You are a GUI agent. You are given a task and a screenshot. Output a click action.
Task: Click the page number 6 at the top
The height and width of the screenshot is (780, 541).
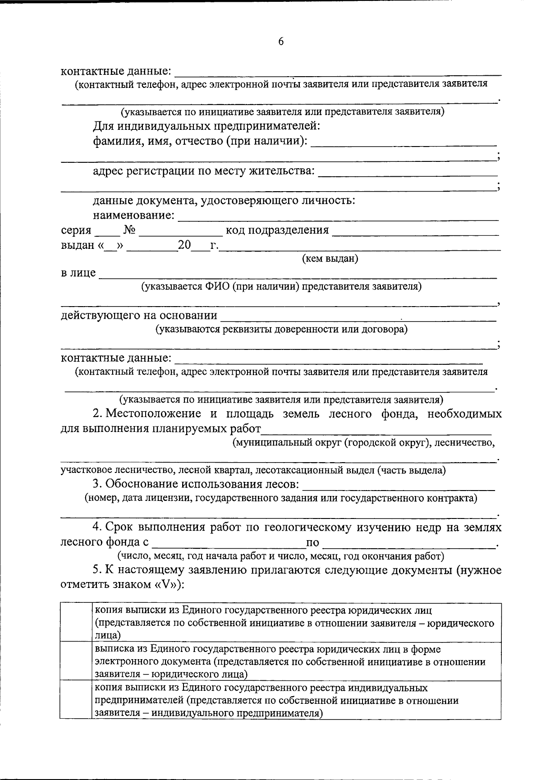(281, 41)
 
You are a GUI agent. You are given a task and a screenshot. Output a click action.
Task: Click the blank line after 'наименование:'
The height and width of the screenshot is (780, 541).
(338, 217)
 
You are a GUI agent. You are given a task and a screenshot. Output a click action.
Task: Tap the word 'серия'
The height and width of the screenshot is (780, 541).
(76, 230)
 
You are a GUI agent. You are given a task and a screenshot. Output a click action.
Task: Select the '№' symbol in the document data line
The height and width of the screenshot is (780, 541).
(130, 230)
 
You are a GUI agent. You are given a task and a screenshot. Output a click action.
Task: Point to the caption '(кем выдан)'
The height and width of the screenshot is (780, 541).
(330, 259)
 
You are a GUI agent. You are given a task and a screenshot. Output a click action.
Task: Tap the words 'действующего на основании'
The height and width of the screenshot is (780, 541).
(139, 315)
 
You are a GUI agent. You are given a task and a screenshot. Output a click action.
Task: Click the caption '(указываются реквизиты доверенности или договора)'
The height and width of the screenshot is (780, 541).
(281, 329)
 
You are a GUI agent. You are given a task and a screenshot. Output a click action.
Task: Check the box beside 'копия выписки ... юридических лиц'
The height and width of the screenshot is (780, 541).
(76, 623)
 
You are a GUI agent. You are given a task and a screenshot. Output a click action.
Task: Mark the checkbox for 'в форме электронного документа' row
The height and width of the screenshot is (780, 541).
(76, 661)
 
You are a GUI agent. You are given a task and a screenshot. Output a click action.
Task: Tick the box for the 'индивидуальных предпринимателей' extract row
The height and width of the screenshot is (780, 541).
(76, 700)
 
